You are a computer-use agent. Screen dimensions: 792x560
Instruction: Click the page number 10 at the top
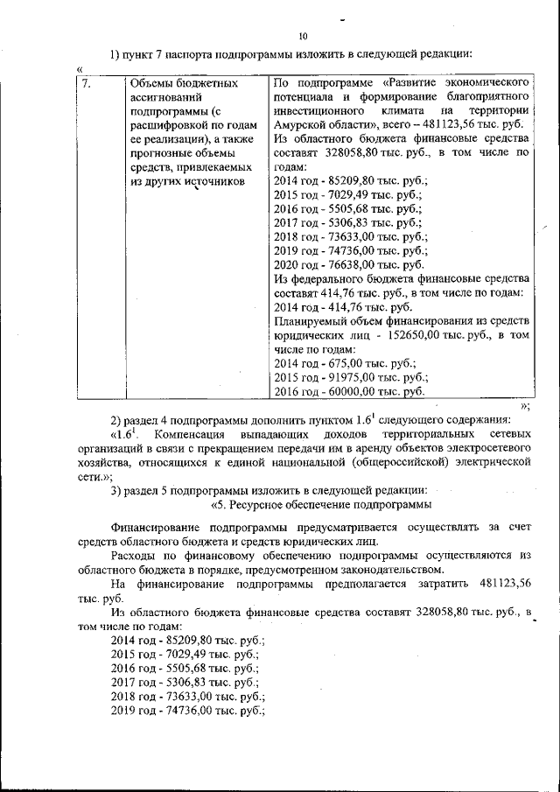303,37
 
